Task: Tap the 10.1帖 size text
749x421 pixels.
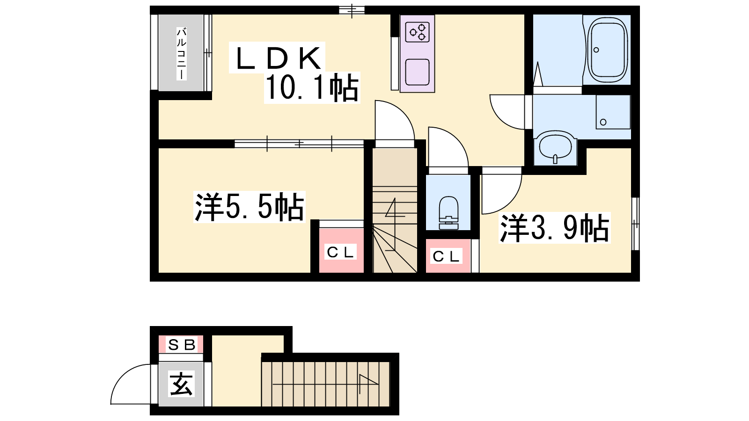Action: pos(312,87)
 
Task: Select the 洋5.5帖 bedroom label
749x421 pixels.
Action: pos(250,207)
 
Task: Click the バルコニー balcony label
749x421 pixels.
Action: pos(182,54)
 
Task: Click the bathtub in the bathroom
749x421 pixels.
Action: pos(607,50)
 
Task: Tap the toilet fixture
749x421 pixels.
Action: pos(448,213)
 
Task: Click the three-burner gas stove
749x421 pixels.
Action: pos(417,32)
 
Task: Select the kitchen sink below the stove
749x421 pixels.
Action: pos(417,72)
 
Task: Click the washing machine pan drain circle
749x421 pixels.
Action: pos(603,122)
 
